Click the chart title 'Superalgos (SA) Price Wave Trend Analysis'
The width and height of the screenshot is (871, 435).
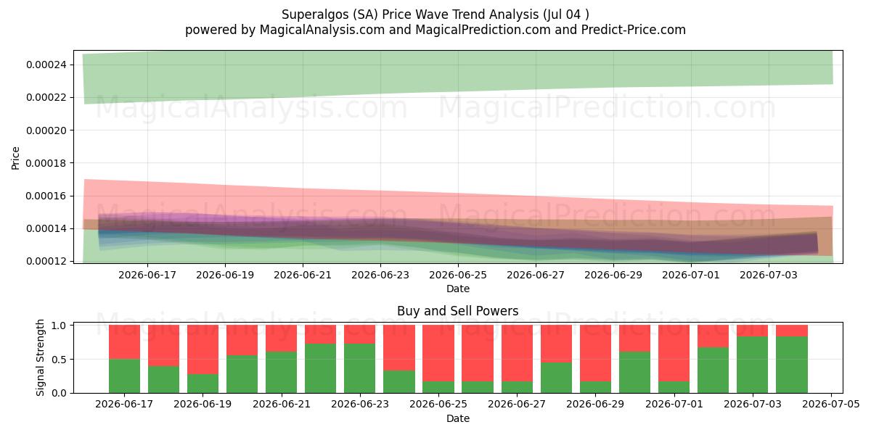click(410, 14)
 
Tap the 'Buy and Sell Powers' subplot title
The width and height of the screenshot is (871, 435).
click(458, 311)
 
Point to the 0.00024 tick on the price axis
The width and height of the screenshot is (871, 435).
click(46, 65)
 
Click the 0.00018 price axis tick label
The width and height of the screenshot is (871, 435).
click(46, 163)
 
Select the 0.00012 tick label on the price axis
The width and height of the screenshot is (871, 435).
click(46, 262)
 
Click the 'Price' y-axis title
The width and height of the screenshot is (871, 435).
click(15, 158)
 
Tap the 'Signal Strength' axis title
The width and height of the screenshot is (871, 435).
click(40, 357)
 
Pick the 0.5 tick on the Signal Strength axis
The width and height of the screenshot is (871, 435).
click(60, 360)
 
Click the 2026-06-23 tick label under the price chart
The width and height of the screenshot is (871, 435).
click(380, 275)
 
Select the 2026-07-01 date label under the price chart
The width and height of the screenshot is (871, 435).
click(691, 275)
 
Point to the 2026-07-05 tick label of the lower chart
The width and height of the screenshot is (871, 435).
click(831, 405)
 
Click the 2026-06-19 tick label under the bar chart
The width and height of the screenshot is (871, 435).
click(203, 405)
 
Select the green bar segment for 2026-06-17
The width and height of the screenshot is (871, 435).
click(124, 376)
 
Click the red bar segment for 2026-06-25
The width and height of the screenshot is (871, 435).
click(438, 353)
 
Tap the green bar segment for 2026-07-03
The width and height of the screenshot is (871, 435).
click(753, 365)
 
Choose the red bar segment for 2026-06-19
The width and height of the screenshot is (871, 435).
click(203, 349)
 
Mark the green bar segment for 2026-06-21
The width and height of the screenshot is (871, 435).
click(281, 373)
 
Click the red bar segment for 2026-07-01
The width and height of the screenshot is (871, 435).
click(674, 353)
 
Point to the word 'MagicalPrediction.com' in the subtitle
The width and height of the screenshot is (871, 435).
click(483, 30)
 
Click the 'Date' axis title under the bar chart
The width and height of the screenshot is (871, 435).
click(458, 418)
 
